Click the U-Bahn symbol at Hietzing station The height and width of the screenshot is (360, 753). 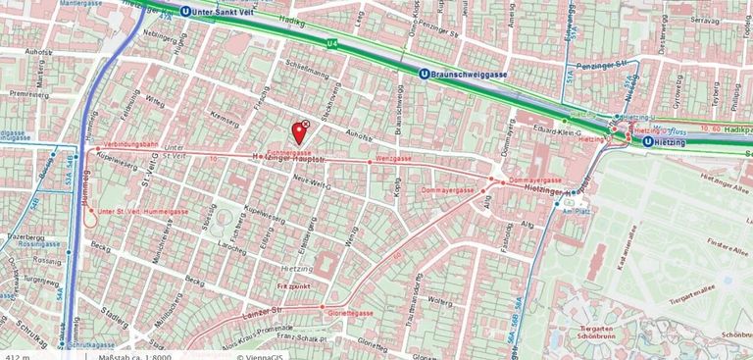tap(648, 141)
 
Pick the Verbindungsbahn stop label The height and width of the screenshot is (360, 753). tap(130, 144)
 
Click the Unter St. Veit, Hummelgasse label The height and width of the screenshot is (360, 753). tap(143, 211)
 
